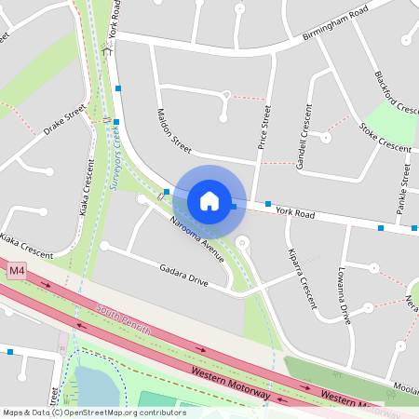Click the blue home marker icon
point(209,200)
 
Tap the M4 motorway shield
point(16,271)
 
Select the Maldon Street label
point(168,131)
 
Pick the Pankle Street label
point(404,191)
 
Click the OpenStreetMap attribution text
point(94,412)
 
